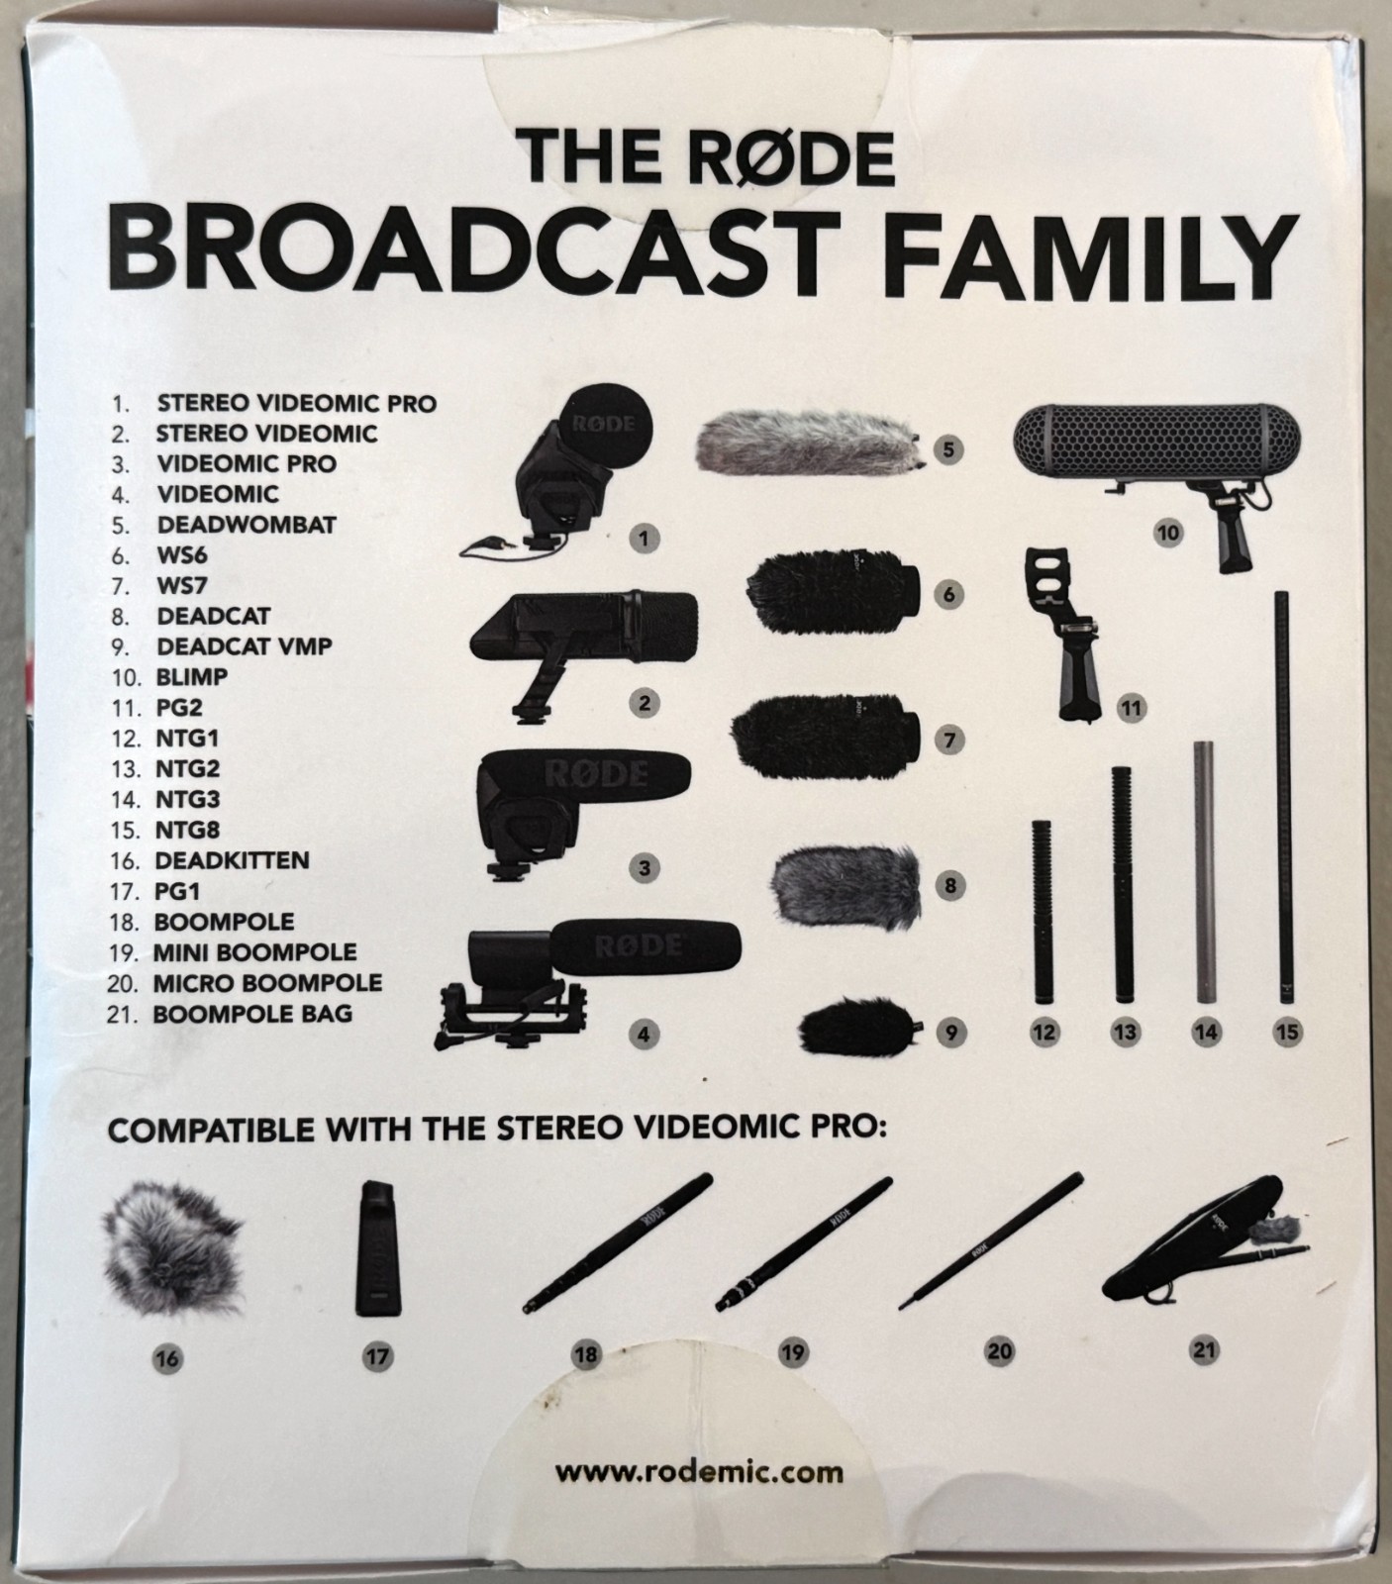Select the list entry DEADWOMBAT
(247, 525)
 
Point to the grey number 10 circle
(1168, 533)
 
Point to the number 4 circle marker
(644, 1036)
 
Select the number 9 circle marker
(949, 1033)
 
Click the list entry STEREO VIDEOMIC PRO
(296, 404)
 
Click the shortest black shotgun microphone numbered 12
(1044, 911)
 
